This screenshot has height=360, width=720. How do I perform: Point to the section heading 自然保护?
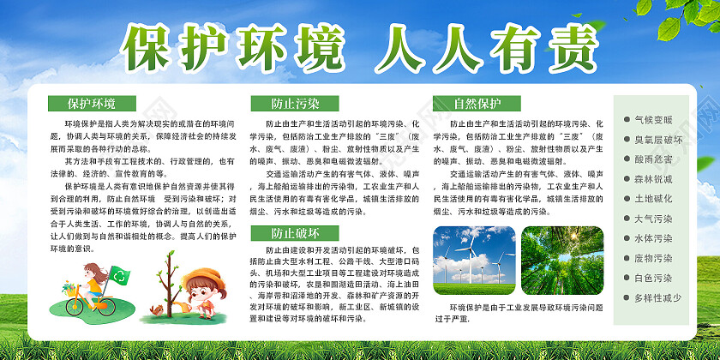tap(477, 105)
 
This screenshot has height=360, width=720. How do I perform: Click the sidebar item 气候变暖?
tap(653, 119)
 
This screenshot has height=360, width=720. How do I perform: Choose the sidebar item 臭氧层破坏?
tap(657, 139)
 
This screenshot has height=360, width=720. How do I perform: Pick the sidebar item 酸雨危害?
tap(653, 159)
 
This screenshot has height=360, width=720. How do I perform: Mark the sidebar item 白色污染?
tap(653, 278)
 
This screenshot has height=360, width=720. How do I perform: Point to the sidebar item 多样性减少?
tap(657, 297)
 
